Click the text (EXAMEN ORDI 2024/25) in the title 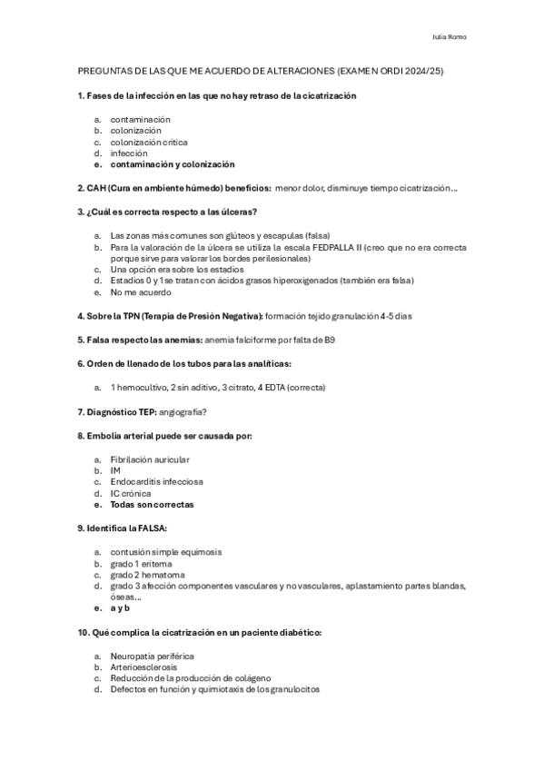coord(390,71)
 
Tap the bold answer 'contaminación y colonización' coord(172,165)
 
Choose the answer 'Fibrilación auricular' coord(150,459)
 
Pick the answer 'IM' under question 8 coord(114,470)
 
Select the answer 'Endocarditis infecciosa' coord(156,481)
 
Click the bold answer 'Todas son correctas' coord(152,504)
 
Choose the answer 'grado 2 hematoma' coord(147,575)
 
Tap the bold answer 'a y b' coord(120,608)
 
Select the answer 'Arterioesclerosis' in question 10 coord(143,666)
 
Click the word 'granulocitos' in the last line coord(292,689)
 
